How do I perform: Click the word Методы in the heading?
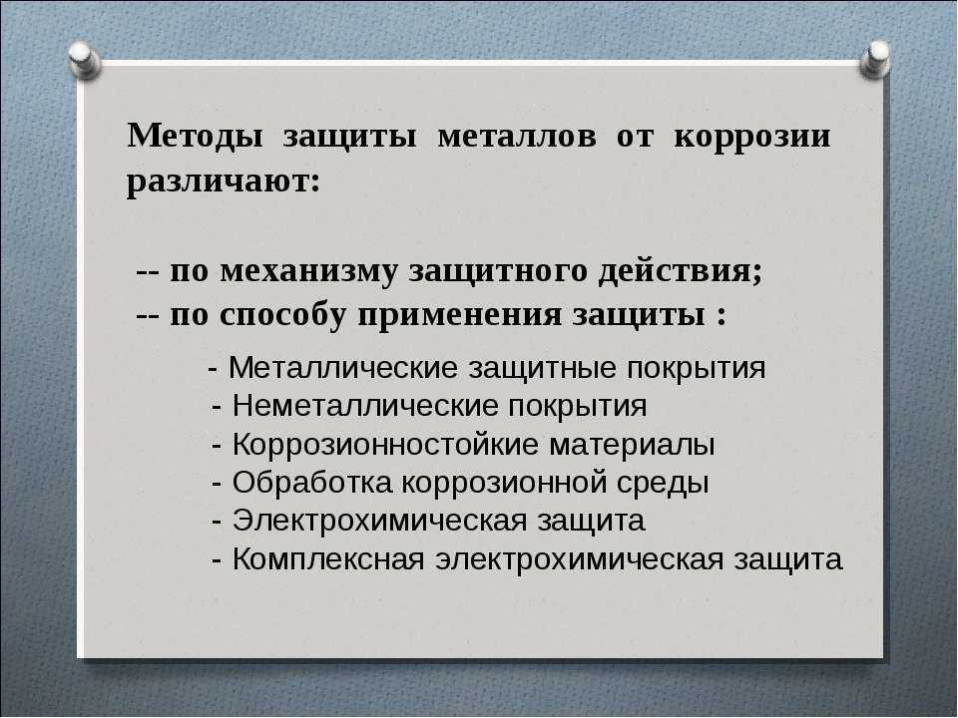tap(195, 137)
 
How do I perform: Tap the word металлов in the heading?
tap(517, 137)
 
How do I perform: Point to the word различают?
tap(223, 181)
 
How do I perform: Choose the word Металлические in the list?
tap(342, 368)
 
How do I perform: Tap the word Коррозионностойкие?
tap(385, 445)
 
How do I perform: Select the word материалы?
tap(632, 445)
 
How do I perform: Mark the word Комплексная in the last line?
tap(328, 559)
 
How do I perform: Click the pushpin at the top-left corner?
tap(84, 60)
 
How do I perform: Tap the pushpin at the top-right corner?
tap(874, 59)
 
